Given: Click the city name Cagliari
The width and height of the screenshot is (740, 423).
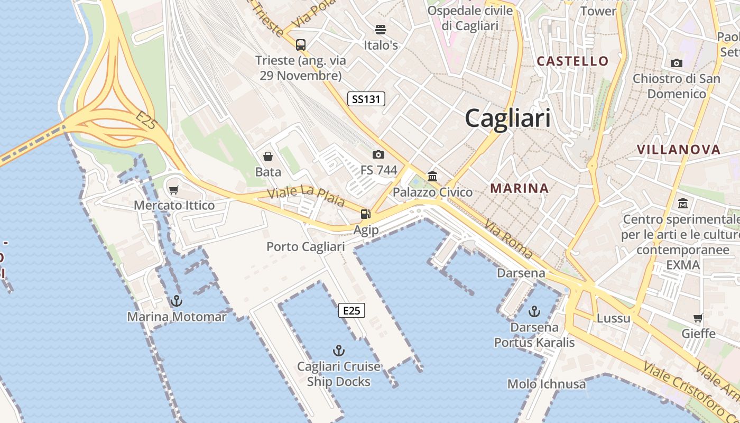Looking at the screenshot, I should tap(507, 118).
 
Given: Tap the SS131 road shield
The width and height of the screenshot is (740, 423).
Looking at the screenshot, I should tap(366, 99).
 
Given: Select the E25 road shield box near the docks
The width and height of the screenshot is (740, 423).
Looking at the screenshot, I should tap(351, 310).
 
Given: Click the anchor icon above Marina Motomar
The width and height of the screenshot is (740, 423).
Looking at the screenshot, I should tap(177, 301).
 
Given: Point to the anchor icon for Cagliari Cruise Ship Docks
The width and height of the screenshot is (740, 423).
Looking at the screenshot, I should tap(338, 351).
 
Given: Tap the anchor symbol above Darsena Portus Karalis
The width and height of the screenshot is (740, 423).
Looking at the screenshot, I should tap(534, 311).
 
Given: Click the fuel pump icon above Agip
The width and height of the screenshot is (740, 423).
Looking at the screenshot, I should tap(365, 214).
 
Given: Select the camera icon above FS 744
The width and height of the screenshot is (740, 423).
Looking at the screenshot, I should tap(378, 154).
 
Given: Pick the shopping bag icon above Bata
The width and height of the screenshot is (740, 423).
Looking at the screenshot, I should tap(268, 157).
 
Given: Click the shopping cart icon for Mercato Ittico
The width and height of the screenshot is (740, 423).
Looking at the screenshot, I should tap(174, 190).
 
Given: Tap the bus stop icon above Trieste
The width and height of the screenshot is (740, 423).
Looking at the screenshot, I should tap(301, 45).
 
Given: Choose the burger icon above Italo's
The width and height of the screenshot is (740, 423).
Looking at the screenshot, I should tap(381, 29).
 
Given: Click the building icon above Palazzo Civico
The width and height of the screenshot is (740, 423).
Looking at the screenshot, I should tap(432, 176).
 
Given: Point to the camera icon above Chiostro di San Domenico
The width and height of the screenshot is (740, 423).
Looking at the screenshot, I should tap(676, 63).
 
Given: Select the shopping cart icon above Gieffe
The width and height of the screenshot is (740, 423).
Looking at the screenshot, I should tap(698, 318).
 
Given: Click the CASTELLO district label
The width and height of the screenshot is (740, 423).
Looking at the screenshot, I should tap(572, 61).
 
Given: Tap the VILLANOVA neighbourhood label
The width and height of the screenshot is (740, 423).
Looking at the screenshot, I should tap(679, 150).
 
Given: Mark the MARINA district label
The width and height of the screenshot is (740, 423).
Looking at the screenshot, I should tap(519, 188).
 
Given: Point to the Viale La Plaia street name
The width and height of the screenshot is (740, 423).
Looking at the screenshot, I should tap(307, 196).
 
